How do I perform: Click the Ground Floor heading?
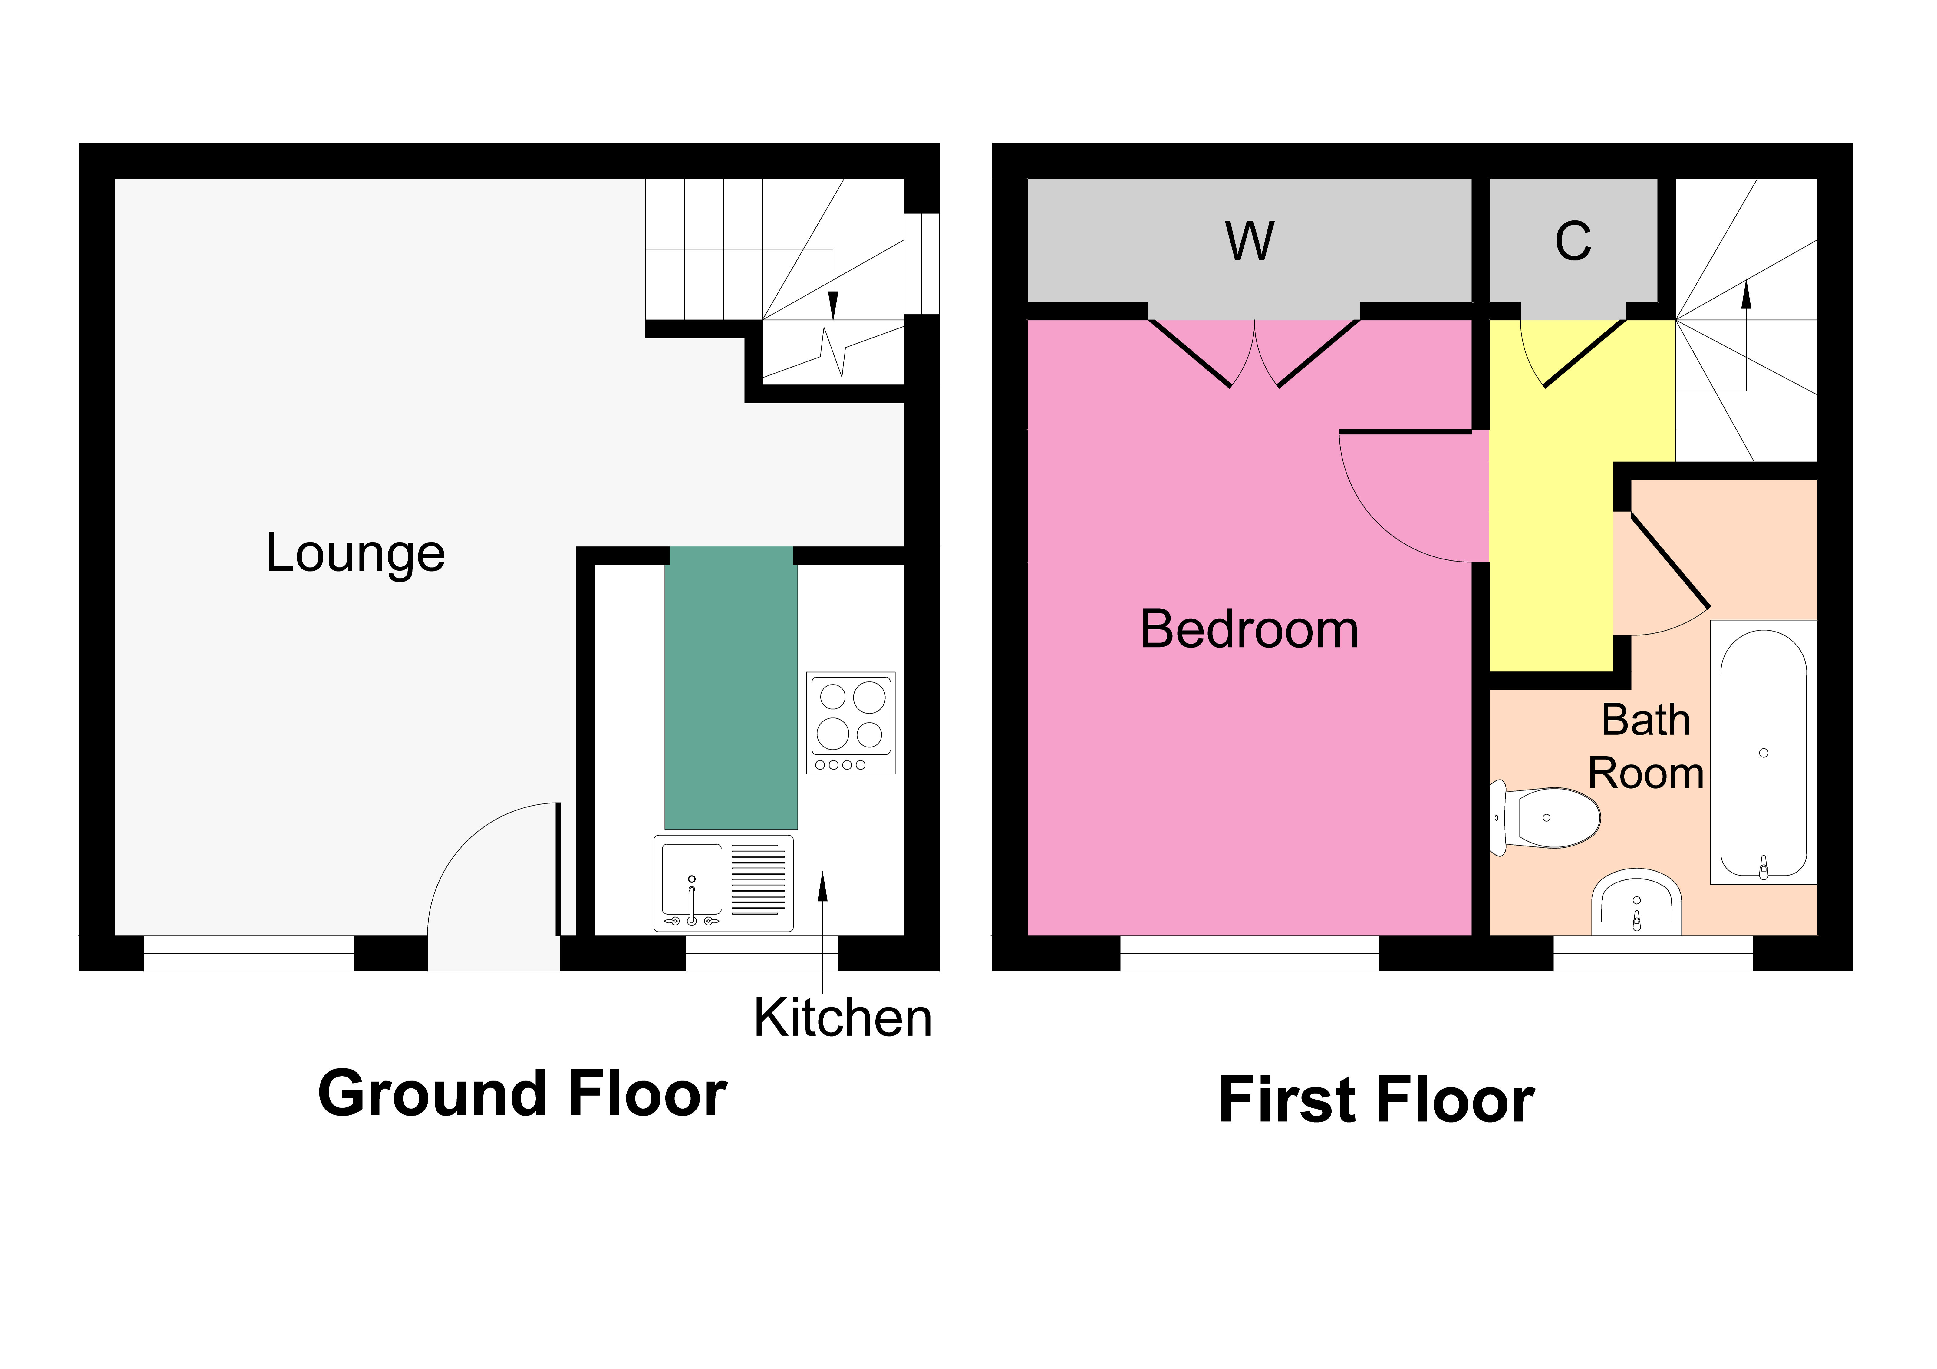click(522, 1094)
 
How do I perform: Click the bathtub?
click(1763, 753)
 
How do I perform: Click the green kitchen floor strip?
click(731, 688)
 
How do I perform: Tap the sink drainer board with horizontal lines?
click(758, 879)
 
